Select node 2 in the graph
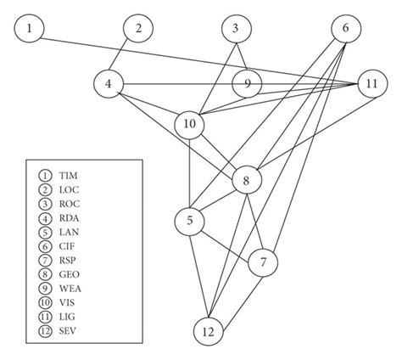tap(137, 30)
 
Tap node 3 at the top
tap(236, 30)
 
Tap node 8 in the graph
tap(246, 180)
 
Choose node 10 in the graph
tap(190, 125)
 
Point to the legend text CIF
tap(64, 233)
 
